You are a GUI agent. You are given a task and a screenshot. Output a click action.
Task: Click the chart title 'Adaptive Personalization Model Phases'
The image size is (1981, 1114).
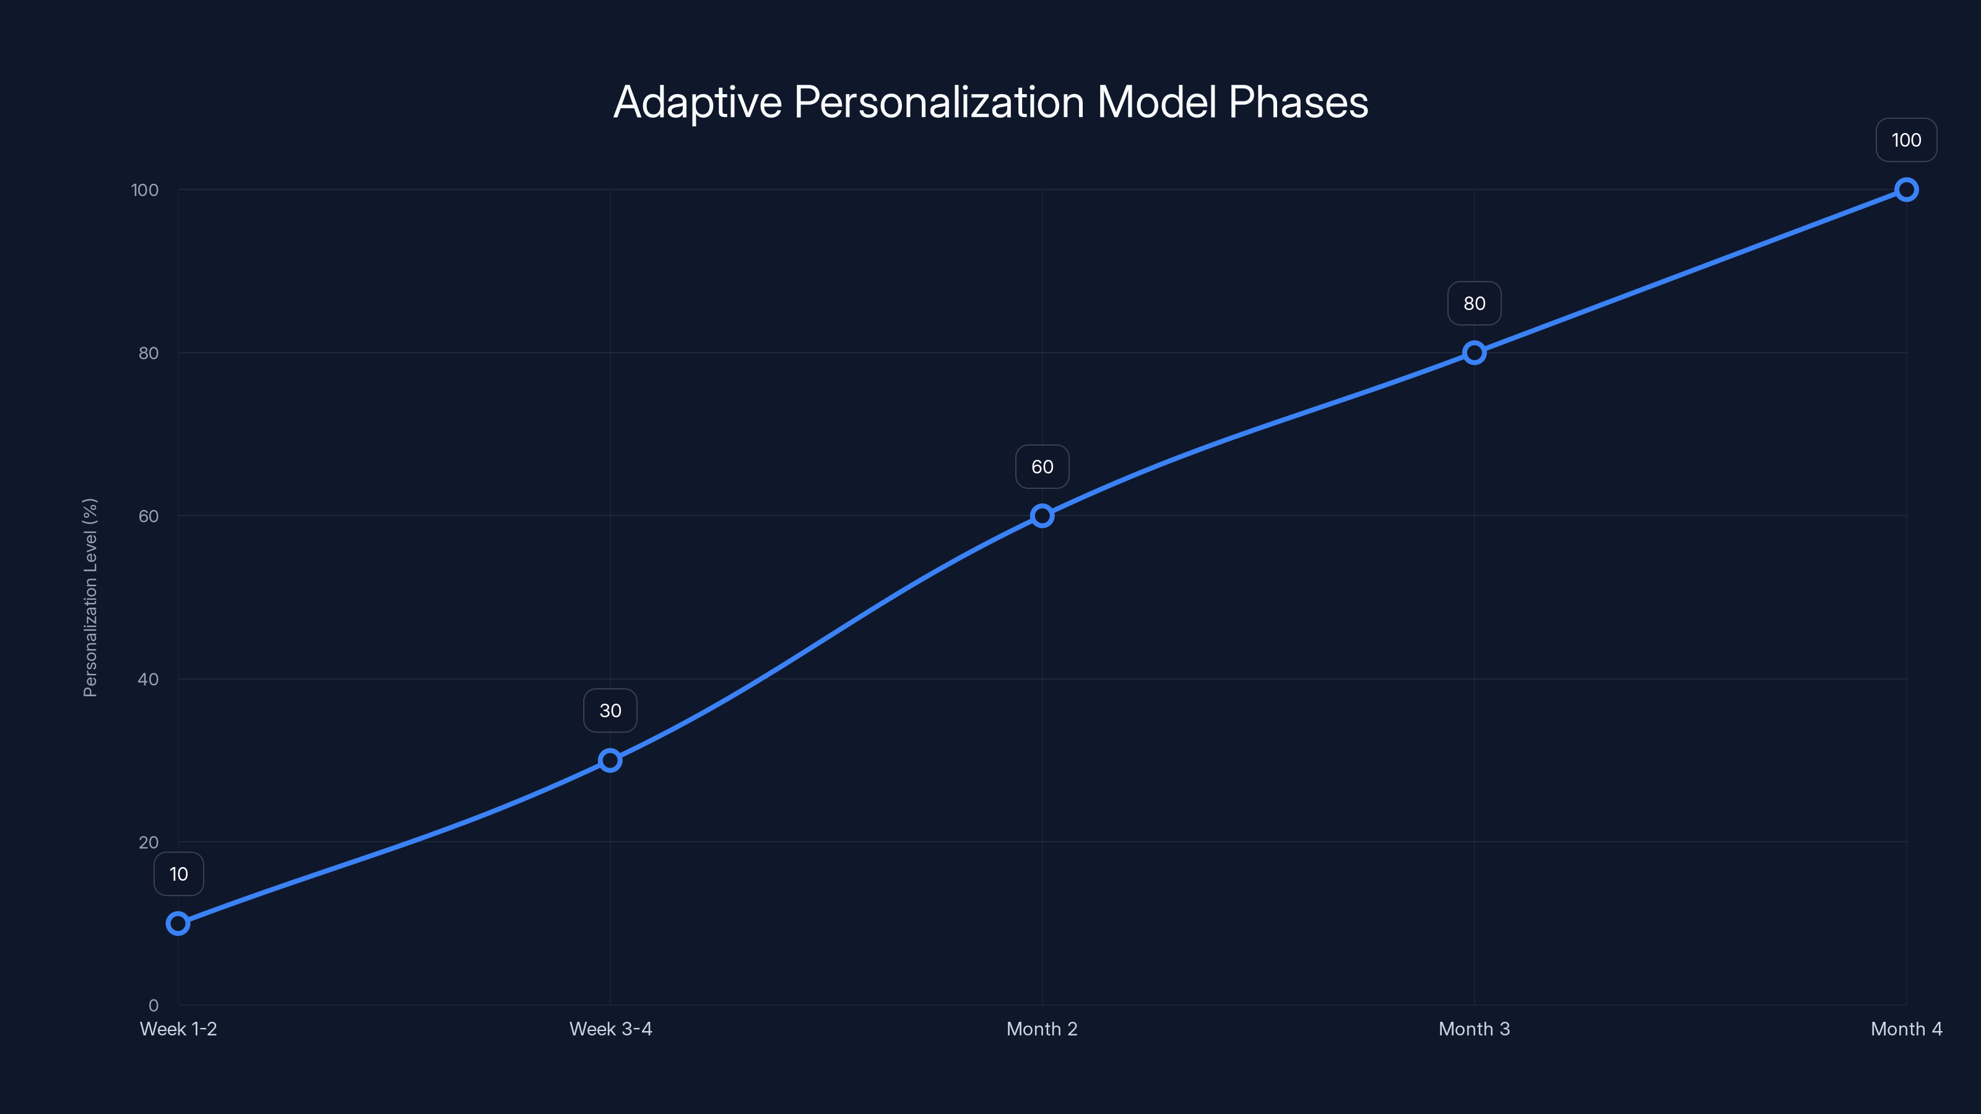990,102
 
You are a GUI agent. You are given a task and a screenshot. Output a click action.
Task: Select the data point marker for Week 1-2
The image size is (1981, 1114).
178,923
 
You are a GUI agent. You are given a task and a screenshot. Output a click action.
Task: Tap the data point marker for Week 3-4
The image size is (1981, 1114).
610,761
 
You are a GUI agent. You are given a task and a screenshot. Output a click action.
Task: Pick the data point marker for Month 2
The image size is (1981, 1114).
1042,516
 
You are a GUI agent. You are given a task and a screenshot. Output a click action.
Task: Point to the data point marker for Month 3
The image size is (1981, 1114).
1474,353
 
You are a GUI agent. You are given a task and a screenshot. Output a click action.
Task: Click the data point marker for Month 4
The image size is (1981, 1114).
1907,190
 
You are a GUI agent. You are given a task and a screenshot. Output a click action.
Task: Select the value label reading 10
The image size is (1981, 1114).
178,874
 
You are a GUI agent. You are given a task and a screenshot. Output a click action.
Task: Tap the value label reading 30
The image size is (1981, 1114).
610,710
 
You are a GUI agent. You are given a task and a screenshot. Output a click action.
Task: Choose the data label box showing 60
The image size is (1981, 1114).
1042,467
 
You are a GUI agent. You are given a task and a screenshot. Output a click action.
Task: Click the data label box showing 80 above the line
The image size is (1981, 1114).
1474,304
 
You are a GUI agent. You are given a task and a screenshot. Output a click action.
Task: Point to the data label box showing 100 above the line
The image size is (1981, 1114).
1907,140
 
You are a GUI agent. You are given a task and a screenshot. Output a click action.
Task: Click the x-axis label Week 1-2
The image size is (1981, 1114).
178,1029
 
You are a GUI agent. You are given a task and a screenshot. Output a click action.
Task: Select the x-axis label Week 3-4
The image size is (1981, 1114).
610,1029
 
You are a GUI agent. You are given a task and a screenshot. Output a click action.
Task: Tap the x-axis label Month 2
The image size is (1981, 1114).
1042,1029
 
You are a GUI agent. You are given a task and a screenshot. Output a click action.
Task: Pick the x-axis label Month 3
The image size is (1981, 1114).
1474,1029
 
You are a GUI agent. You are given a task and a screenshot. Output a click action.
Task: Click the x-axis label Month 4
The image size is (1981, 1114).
1907,1029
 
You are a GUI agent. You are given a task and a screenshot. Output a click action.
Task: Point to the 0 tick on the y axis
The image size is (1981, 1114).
154,1005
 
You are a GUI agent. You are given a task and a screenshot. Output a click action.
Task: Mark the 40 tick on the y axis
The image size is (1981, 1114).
149,679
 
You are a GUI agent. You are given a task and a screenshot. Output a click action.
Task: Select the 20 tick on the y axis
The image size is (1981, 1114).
149,842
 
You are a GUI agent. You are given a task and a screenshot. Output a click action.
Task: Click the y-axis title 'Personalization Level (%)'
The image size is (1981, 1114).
90,597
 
